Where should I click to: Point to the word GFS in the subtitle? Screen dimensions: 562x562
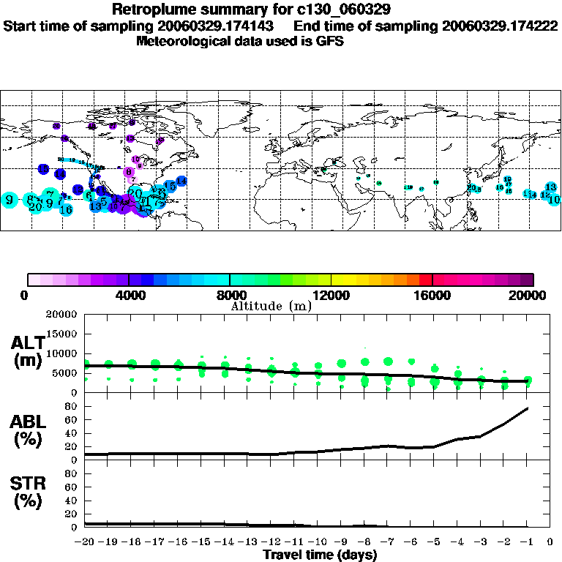pos(329,41)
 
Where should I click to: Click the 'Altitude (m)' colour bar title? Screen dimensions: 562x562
pos(271,305)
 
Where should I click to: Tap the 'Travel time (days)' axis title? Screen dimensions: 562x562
pos(320,555)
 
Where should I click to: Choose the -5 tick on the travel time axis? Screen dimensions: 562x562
pos(435,542)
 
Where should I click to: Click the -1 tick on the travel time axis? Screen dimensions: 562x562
pos(527,542)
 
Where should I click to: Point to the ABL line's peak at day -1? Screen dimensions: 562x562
pos(527,408)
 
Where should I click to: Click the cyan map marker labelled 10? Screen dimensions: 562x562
pos(554,199)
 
